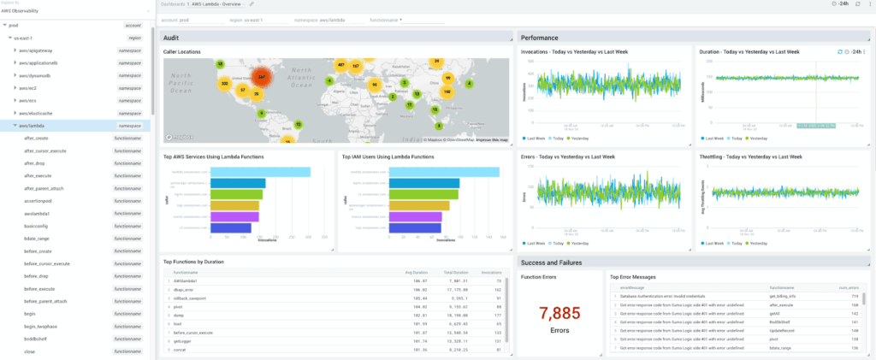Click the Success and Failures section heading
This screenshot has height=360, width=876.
(x=557, y=263)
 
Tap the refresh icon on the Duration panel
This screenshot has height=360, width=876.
(x=839, y=51)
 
